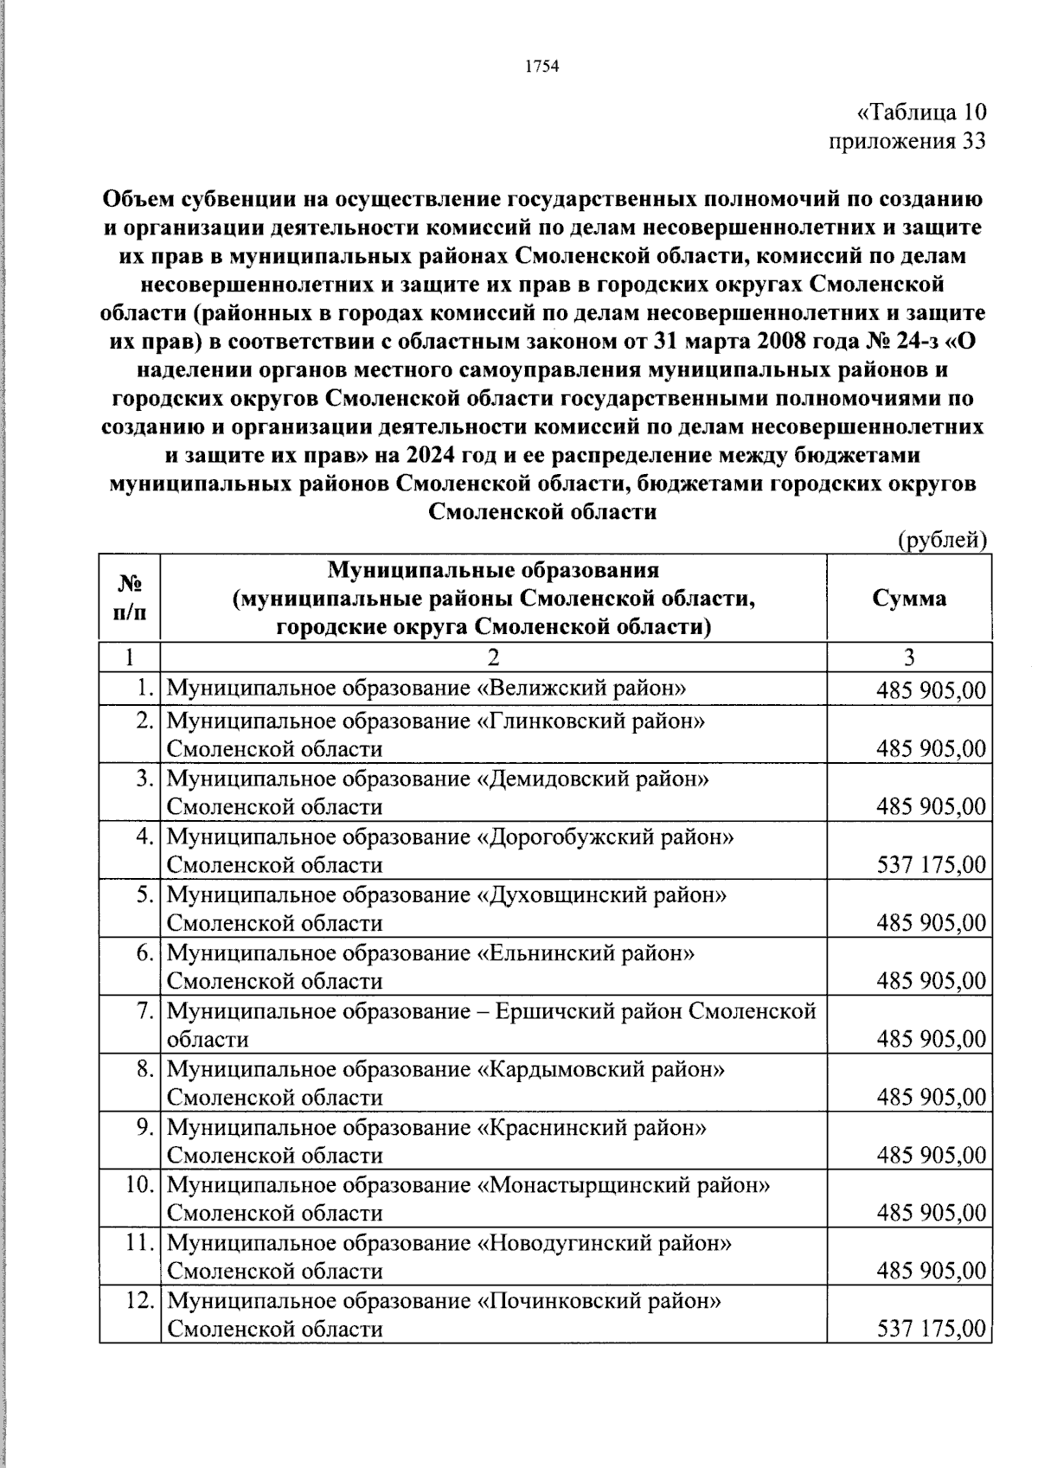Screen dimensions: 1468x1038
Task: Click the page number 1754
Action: tap(542, 67)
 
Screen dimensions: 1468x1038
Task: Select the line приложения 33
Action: tap(907, 141)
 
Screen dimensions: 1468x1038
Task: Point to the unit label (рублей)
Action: tap(942, 541)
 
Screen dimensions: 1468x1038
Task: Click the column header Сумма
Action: tap(908, 598)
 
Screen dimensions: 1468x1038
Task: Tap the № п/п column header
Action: tap(130, 598)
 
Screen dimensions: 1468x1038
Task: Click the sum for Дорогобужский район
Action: tap(931, 864)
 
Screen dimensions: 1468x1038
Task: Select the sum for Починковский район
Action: tap(931, 1328)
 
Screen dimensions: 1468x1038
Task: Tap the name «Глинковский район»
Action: tap(591, 720)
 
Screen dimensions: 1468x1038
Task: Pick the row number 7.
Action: tap(145, 1010)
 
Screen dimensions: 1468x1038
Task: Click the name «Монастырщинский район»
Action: tap(623, 1184)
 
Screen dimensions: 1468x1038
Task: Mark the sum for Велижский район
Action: tap(931, 690)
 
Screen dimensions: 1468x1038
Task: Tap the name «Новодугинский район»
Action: tap(604, 1242)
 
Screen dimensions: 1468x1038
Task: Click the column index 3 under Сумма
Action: tap(909, 657)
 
